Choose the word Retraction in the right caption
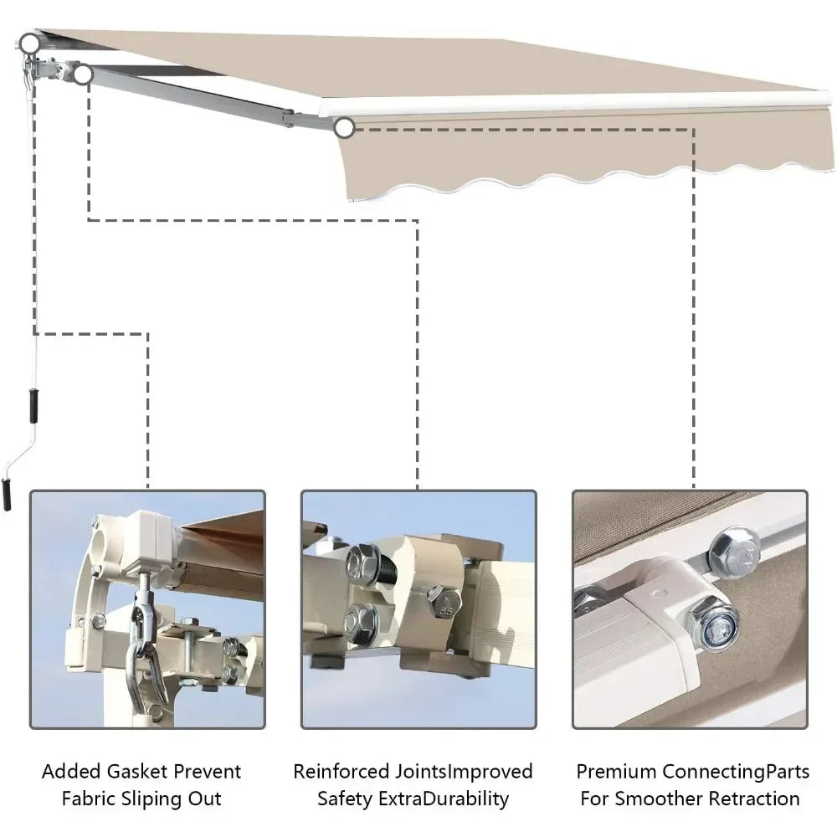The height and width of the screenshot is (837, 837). click(757, 798)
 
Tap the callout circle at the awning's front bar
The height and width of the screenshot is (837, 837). click(344, 128)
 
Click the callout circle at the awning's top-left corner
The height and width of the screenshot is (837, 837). click(31, 41)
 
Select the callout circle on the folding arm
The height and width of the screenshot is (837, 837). click(82, 75)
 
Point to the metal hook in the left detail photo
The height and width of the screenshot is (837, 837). click(147, 661)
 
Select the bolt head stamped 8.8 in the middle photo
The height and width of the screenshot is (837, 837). click(443, 598)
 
